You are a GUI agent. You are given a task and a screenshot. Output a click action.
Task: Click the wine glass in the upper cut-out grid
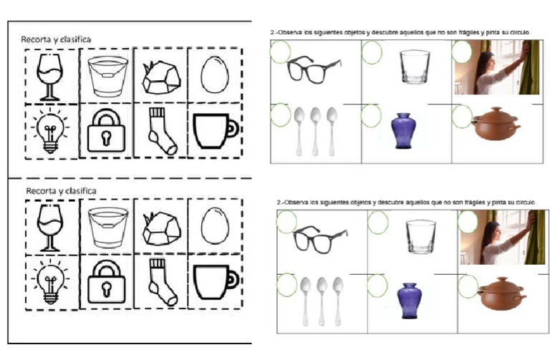coord(49,77)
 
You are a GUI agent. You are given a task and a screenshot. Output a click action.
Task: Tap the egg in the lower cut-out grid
coord(215,226)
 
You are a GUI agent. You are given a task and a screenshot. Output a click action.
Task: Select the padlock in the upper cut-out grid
coord(106,130)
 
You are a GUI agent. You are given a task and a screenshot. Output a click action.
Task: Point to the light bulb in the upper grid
coord(50,131)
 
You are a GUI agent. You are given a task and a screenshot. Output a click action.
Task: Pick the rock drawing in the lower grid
coord(162,228)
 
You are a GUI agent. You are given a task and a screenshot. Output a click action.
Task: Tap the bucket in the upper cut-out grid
coord(107,77)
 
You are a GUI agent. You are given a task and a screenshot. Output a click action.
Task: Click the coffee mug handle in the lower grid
coord(233,279)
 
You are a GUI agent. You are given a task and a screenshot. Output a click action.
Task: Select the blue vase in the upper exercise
coord(404,131)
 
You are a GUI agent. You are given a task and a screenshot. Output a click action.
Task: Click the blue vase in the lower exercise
coord(410,301)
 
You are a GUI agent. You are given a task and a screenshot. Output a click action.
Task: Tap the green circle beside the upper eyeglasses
coord(280,52)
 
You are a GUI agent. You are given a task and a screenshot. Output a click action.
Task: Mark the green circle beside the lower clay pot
coord(468,286)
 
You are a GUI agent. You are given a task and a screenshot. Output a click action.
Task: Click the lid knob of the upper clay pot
coord(496,109)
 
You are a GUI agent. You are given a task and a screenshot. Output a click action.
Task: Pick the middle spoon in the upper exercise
coord(315,131)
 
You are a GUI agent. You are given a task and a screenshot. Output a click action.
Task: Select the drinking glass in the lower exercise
coord(421,237)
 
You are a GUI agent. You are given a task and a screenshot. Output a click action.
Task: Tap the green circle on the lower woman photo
coord(468,222)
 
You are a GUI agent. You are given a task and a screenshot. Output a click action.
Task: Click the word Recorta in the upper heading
coord(37,39)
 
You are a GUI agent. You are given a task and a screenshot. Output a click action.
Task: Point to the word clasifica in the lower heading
coord(81,191)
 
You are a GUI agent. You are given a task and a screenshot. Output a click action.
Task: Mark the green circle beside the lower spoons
coord(287,285)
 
